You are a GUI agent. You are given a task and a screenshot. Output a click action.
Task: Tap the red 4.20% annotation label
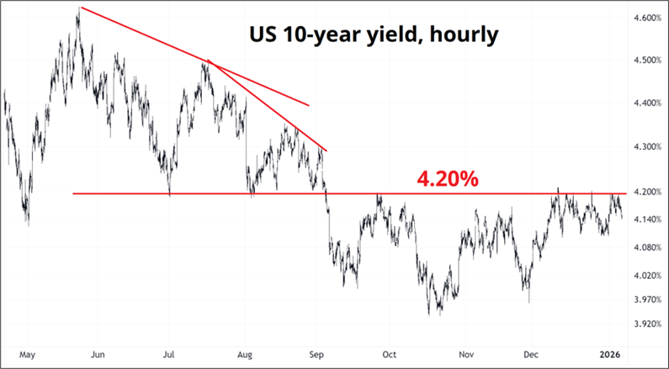pyautogui.click(x=448, y=180)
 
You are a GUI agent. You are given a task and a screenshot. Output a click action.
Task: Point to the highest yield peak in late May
pyautogui.click(x=78, y=8)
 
